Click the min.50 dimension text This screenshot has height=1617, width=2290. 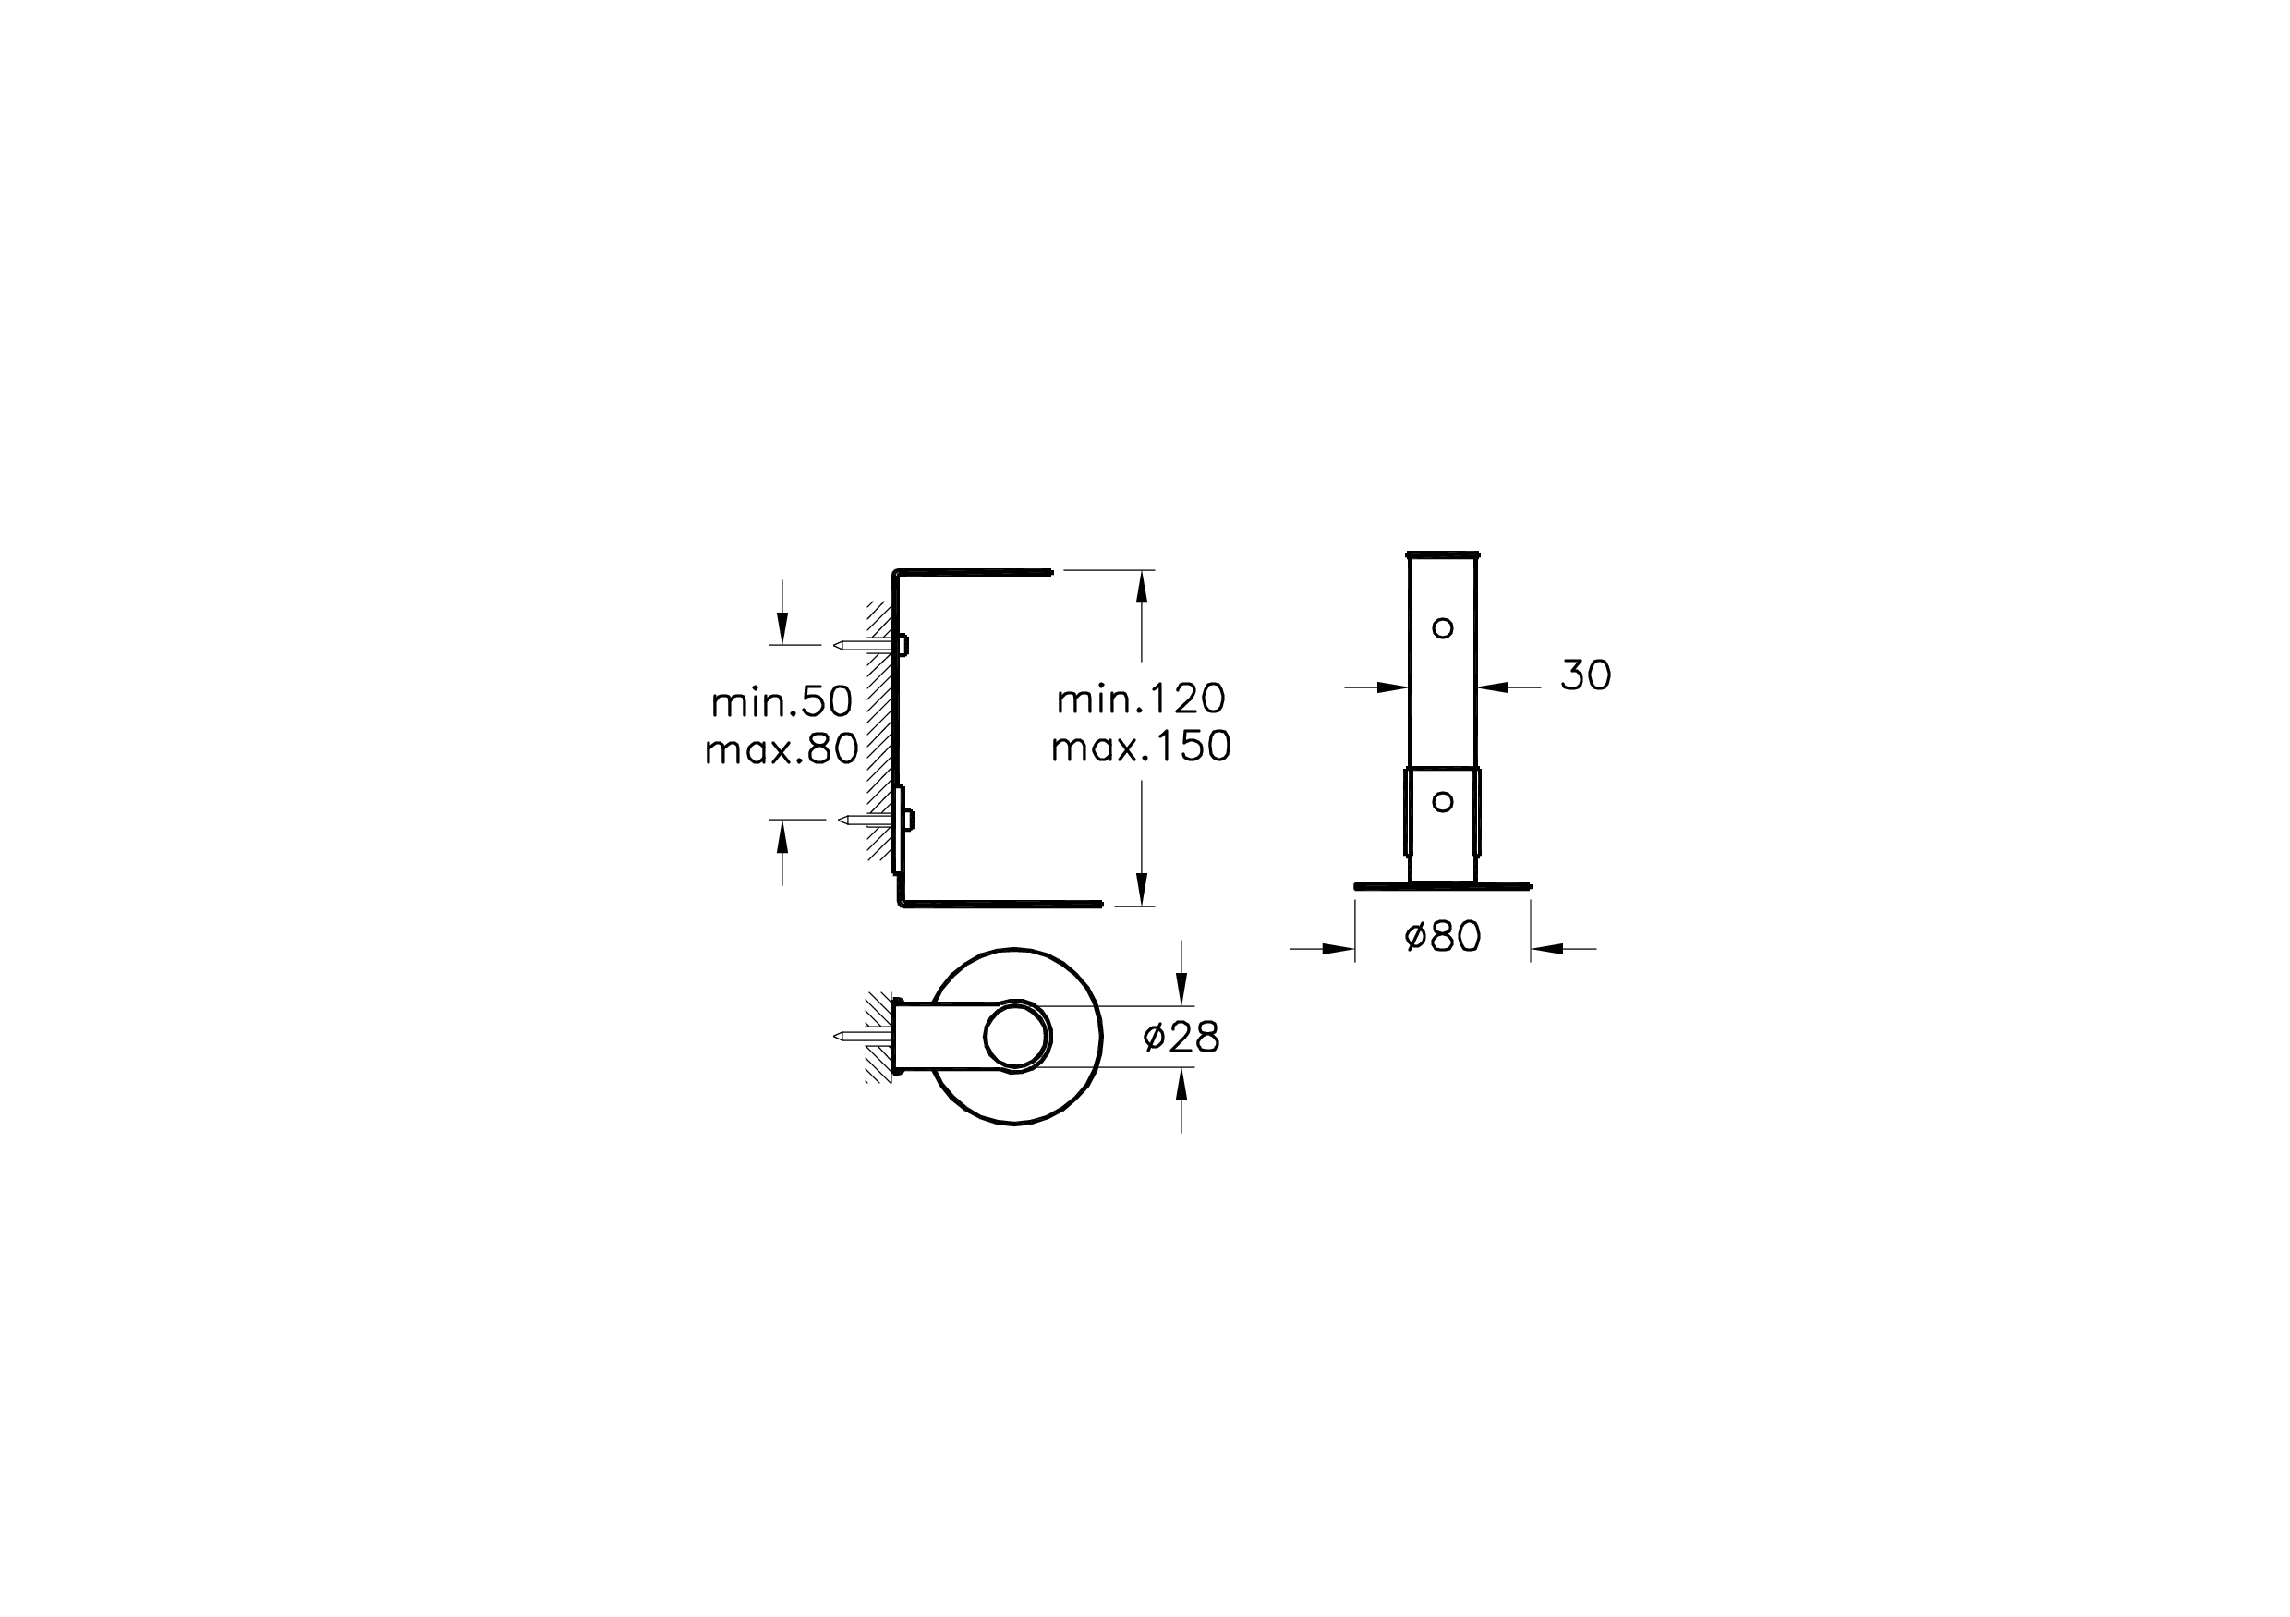[781, 702]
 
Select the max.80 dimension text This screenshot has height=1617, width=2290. [781, 749]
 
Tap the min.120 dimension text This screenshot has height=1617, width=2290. [1140, 699]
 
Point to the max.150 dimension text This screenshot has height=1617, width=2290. [1140, 747]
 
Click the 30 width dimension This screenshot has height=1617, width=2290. [1585, 675]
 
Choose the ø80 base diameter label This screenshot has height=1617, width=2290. [1442, 937]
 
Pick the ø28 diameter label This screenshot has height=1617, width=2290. [1181, 1038]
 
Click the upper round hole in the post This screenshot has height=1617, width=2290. [1442, 627]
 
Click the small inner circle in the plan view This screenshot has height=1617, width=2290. [1016, 1037]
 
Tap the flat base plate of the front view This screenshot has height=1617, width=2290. [1442, 886]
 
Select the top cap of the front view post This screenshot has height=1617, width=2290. [1442, 553]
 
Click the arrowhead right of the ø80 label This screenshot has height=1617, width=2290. [1547, 949]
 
